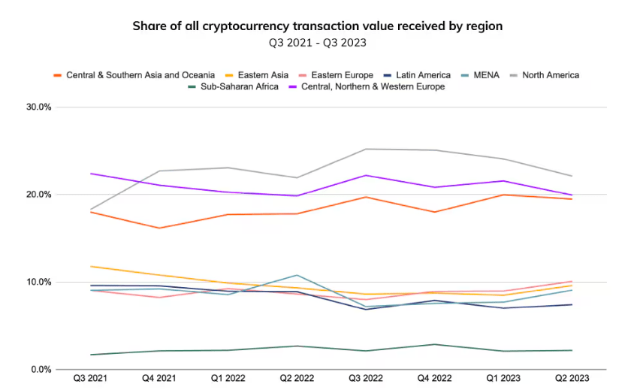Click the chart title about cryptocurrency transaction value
tap(317, 26)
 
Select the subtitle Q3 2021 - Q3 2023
tap(317, 42)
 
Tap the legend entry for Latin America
tap(418, 75)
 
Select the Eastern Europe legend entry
tap(342, 75)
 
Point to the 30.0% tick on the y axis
tap(38, 107)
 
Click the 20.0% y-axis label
tap(38, 195)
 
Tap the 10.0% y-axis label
tap(38, 283)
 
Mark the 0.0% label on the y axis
tap(40, 370)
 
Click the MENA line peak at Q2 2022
tap(297, 275)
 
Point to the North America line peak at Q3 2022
tap(366, 149)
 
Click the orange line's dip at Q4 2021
tap(158, 228)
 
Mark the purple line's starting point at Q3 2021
tap(89, 174)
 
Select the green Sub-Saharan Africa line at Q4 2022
tap(435, 344)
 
